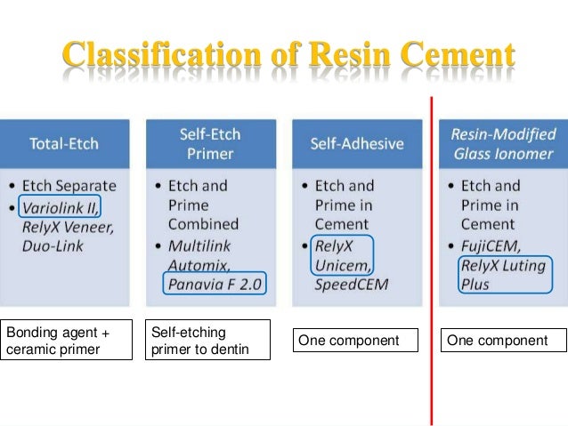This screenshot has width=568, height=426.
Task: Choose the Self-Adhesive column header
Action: pos(356,142)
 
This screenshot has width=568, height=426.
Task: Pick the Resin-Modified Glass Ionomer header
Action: pos(503,142)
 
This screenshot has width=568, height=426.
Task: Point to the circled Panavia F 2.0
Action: pos(217,284)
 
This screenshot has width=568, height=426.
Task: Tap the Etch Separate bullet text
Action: pos(73,187)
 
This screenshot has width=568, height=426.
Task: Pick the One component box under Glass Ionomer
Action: pos(504,342)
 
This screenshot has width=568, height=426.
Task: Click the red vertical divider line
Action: pos(432,267)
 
